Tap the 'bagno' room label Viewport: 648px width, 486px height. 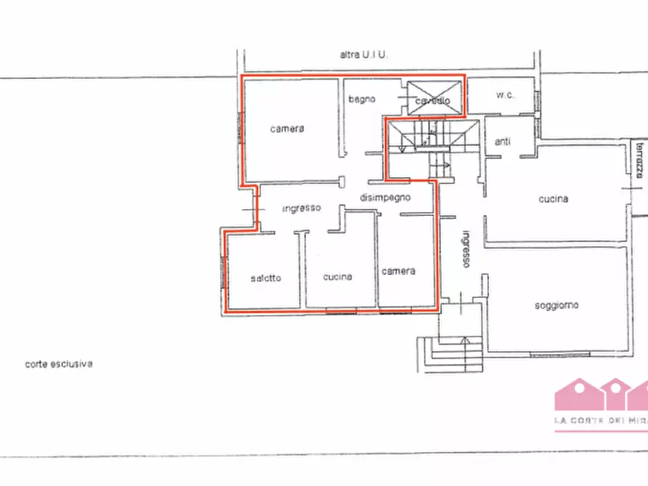click(361, 99)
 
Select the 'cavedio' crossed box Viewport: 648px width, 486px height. click(433, 98)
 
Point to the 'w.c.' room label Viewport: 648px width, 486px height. click(505, 95)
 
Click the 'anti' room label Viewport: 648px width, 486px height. click(502, 141)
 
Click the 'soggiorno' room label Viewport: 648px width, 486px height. click(557, 305)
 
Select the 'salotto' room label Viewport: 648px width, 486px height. click(266, 279)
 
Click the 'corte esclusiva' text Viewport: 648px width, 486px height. click(58, 365)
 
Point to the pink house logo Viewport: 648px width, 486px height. click(601, 396)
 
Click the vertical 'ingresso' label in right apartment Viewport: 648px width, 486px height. click(467, 250)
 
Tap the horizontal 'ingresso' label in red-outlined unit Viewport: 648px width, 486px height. click(302, 208)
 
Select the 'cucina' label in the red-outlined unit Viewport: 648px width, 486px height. click(338, 276)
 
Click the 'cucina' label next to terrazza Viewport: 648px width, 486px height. click(553, 199)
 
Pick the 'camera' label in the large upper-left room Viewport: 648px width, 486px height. click(287, 129)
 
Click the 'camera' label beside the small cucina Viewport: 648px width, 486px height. click(398, 271)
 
